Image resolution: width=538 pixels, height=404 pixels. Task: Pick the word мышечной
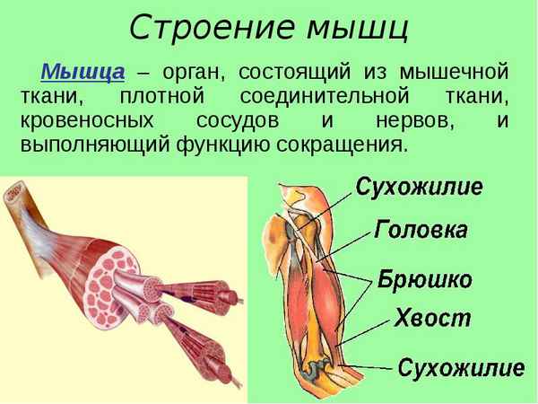coord(457,71)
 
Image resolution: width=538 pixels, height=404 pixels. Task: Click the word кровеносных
coord(94,119)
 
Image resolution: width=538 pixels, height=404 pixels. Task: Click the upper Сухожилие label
coord(419,188)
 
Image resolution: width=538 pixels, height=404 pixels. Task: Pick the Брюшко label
coord(425,278)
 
